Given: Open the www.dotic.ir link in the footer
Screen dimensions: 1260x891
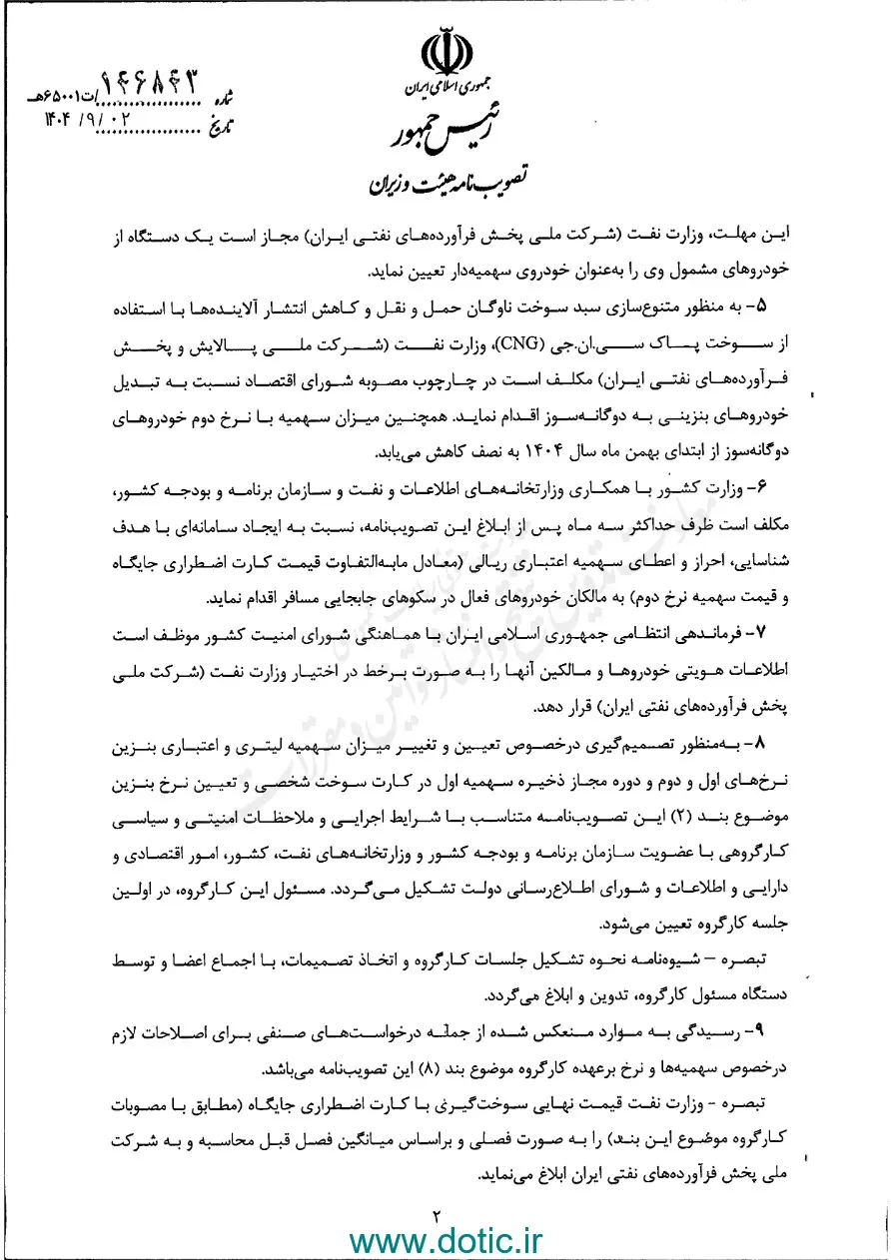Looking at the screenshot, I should pos(445,1240).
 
